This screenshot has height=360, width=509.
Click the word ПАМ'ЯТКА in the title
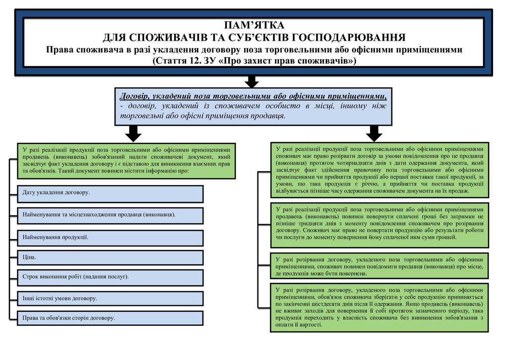pos(254,25)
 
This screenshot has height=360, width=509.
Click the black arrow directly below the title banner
pos(253,82)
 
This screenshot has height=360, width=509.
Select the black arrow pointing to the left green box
pos(133,133)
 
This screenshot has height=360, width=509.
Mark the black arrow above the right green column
pos(374,133)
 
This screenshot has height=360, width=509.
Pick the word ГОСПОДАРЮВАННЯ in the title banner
pos(348,38)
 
